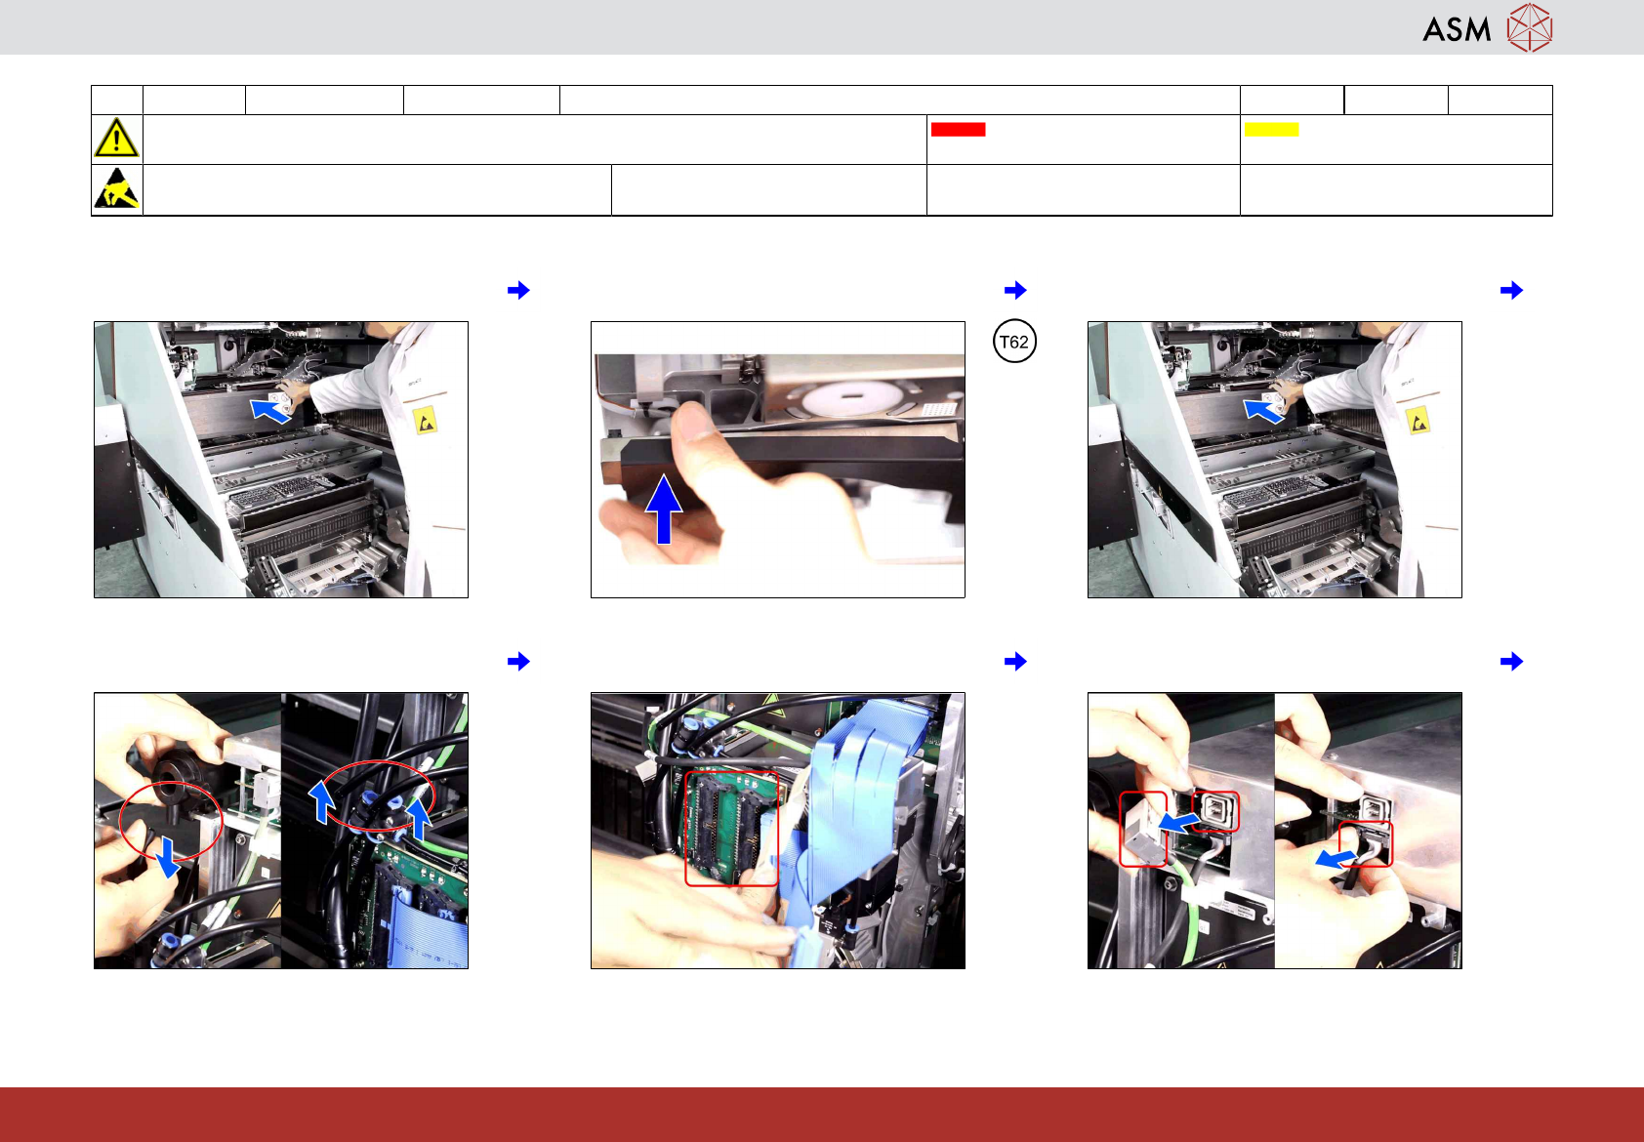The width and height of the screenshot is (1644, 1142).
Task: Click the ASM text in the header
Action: click(x=1457, y=29)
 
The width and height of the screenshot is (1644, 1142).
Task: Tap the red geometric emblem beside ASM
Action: click(x=1530, y=27)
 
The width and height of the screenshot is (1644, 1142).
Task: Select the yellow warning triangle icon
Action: click(x=116, y=138)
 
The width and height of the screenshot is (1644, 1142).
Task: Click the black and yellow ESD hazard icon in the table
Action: click(x=117, y=188)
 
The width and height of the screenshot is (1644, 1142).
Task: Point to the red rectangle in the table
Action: click(x=958, y=129)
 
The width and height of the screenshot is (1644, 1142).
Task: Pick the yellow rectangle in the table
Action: click(x=1271, y=129)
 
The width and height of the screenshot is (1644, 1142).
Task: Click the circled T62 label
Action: click(x=1014, y=342)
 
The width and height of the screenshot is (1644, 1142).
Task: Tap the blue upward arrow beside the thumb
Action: click(x=664, y=509)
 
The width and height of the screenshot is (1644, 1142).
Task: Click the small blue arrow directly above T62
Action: click(x=1015, y=290)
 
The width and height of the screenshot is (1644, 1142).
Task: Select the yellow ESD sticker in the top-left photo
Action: click(x=425, y=421)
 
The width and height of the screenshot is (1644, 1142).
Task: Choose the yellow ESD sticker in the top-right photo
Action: click(x=1418, y=421)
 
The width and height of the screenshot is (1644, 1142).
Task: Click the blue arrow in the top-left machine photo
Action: click(x=269, y=410)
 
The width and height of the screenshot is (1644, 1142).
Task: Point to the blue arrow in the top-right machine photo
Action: click(x=1263, y=410)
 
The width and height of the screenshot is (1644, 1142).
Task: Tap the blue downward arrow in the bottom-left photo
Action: click(x=168, y=857)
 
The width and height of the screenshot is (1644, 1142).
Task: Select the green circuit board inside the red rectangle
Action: click(x=731, y=828)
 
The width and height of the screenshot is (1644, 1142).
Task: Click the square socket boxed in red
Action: click(x=1216, y=811)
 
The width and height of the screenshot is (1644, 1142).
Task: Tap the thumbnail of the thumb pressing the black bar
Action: click(x=778, y=460)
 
